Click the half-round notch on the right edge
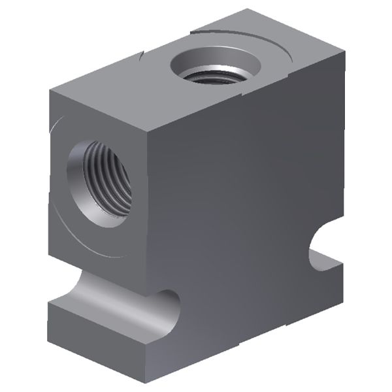click(325, 245)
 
